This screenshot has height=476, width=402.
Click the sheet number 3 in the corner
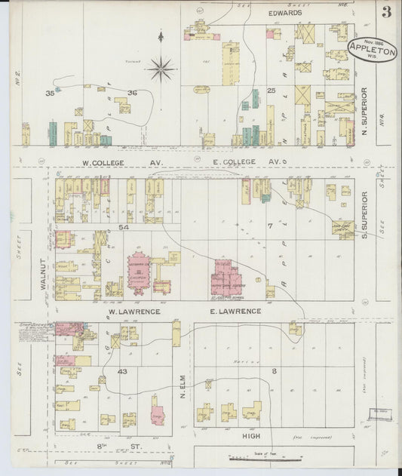coord(386,11)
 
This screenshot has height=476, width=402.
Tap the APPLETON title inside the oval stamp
coord(372,53)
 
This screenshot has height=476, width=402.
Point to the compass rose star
coord(161,69)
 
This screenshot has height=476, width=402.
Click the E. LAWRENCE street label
coord(236,311)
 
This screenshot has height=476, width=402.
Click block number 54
coord(124,226)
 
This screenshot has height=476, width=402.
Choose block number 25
coord(272,91)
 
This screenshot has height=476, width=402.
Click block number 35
coord(50,93)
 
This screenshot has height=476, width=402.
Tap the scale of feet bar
coord(274,458)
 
